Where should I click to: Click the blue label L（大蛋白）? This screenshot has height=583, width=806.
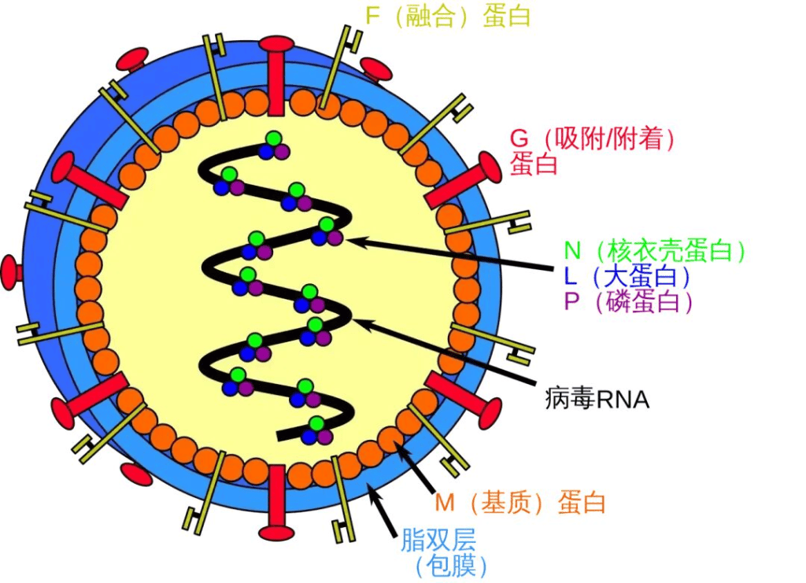pos(627,276)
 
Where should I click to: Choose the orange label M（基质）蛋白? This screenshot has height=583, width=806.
pos(520,503)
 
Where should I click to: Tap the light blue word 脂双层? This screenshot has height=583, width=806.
pos(438,541)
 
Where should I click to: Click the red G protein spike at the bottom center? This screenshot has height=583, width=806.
pos(277,504)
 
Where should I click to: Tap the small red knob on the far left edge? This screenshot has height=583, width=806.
pos(10,271)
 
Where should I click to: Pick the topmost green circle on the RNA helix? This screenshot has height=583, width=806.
pos(273,140)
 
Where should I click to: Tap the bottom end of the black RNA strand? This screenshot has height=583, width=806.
pos(280,435)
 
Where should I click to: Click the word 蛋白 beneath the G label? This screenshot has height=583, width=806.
pos(534,165)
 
